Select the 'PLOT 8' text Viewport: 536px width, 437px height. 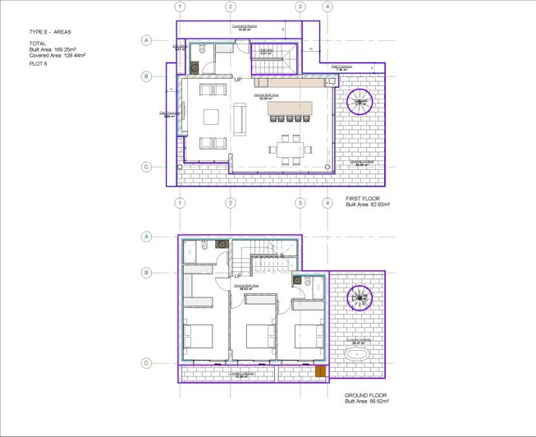[39, 62]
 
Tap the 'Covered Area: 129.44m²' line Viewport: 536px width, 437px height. [57, 55]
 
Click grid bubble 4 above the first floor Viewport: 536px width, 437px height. [328, 7]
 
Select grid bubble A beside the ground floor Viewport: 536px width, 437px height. [147, 237]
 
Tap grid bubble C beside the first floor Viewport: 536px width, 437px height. [147, 167]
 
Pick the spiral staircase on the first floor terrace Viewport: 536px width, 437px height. [360, 102]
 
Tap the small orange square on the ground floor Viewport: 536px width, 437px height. [320, 372]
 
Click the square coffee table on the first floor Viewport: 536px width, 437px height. [211, 116]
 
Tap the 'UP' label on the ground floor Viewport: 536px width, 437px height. [237, 275]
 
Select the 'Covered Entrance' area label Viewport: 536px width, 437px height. [245, 26]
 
